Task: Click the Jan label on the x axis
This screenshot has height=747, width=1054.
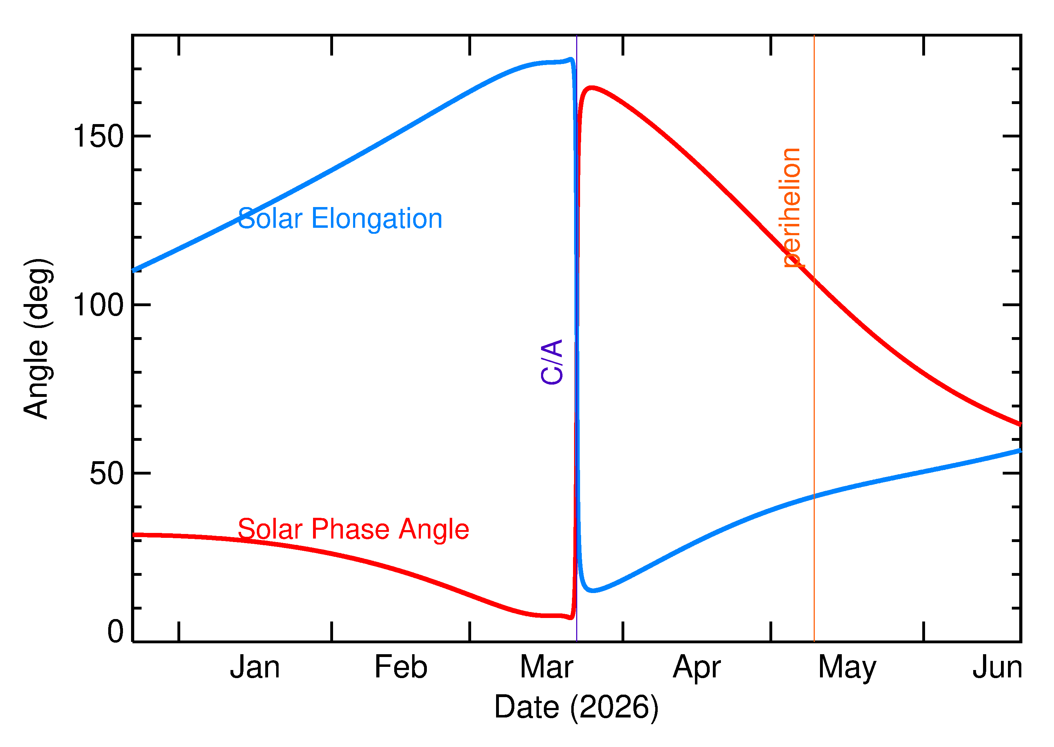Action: click(255, 668)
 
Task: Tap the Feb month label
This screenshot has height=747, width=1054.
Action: click(401, 668)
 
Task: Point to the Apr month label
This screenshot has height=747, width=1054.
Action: click(696, 668)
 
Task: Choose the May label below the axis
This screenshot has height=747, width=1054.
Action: click(847, 668)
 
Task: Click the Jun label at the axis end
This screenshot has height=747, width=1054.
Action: click(997, 668)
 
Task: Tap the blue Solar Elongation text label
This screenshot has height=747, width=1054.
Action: click(340, 219)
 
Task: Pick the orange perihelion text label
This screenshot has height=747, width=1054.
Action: click(790, 207)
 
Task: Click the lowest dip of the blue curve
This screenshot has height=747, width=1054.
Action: click(593, 591)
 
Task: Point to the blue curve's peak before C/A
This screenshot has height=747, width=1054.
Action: click(571, 59)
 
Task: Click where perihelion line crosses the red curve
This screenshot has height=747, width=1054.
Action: click(814, 278)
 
